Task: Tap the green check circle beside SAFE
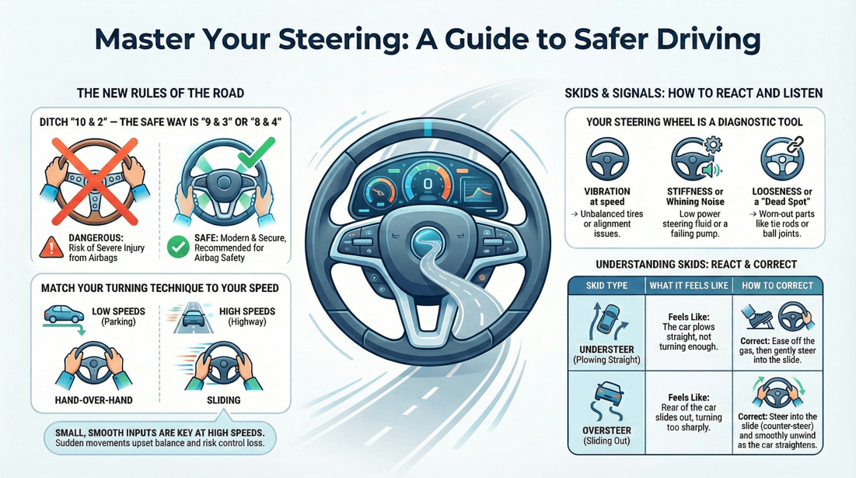point(178,248)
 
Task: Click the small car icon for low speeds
point(65,315)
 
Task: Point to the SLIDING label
point(223,400)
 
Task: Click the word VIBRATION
point(606,191)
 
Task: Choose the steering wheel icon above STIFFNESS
point(693,160)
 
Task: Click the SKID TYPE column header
point(606,286)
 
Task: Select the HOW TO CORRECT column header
point(777,286)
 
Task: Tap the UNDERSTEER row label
point(606,349)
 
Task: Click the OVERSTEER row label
point(606,431)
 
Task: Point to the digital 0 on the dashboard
point(426,183)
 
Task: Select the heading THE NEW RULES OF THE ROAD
point(160,93)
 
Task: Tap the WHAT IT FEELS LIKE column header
point(689,286)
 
